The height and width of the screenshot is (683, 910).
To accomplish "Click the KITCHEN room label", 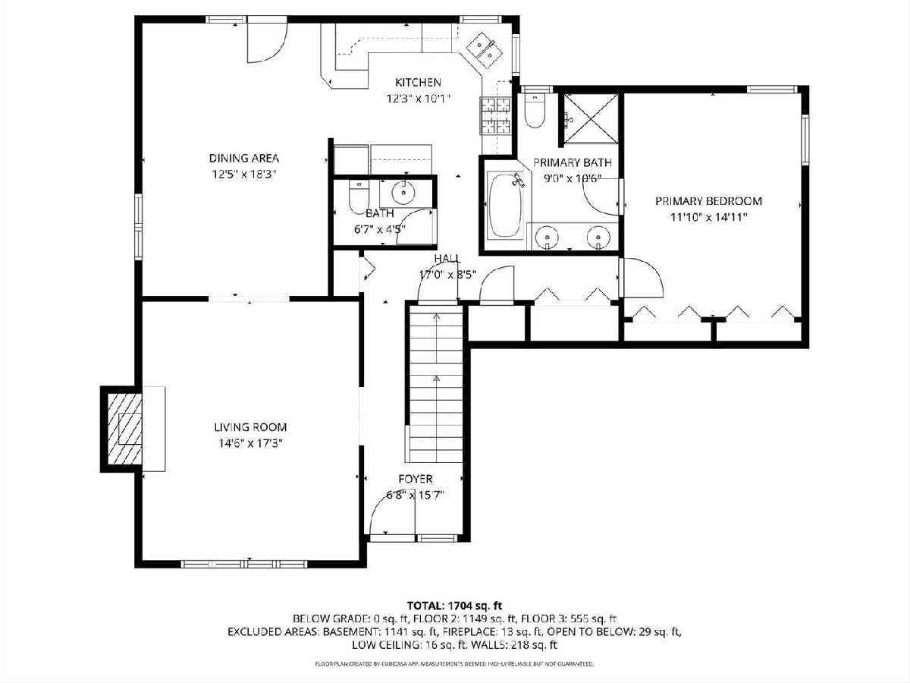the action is [x=418, y=83].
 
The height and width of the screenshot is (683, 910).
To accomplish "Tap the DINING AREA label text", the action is [x=243, y=158].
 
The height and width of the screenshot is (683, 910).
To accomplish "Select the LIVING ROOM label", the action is [x=250, y=427].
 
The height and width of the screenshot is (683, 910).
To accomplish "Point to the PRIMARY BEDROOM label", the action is [x=708, y=201].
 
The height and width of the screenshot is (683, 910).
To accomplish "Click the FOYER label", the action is [x=416, y=479].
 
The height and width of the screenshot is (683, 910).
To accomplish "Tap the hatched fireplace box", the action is [x=124, y=430].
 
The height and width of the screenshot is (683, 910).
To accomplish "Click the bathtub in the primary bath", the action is [x=505, y=206].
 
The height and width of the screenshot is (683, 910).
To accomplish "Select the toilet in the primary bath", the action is [x=535, y=110].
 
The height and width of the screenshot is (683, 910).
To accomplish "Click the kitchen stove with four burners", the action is [x=495, y=115].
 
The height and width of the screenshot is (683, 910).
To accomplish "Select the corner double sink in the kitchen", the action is [x=485, y=50].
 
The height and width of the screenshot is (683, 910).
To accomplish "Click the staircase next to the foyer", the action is [x=436, y=384].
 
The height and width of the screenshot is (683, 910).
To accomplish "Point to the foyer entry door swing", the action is [x=392, y=517].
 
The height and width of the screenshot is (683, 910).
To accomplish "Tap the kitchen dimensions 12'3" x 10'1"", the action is [x=418, y=99].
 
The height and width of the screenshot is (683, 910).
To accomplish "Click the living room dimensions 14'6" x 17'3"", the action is [x=250, y=444].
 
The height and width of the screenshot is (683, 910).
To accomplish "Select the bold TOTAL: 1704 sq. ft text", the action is [x=454, y=606].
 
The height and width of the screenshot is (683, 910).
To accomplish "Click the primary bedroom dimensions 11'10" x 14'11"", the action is [x=708, y=217].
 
